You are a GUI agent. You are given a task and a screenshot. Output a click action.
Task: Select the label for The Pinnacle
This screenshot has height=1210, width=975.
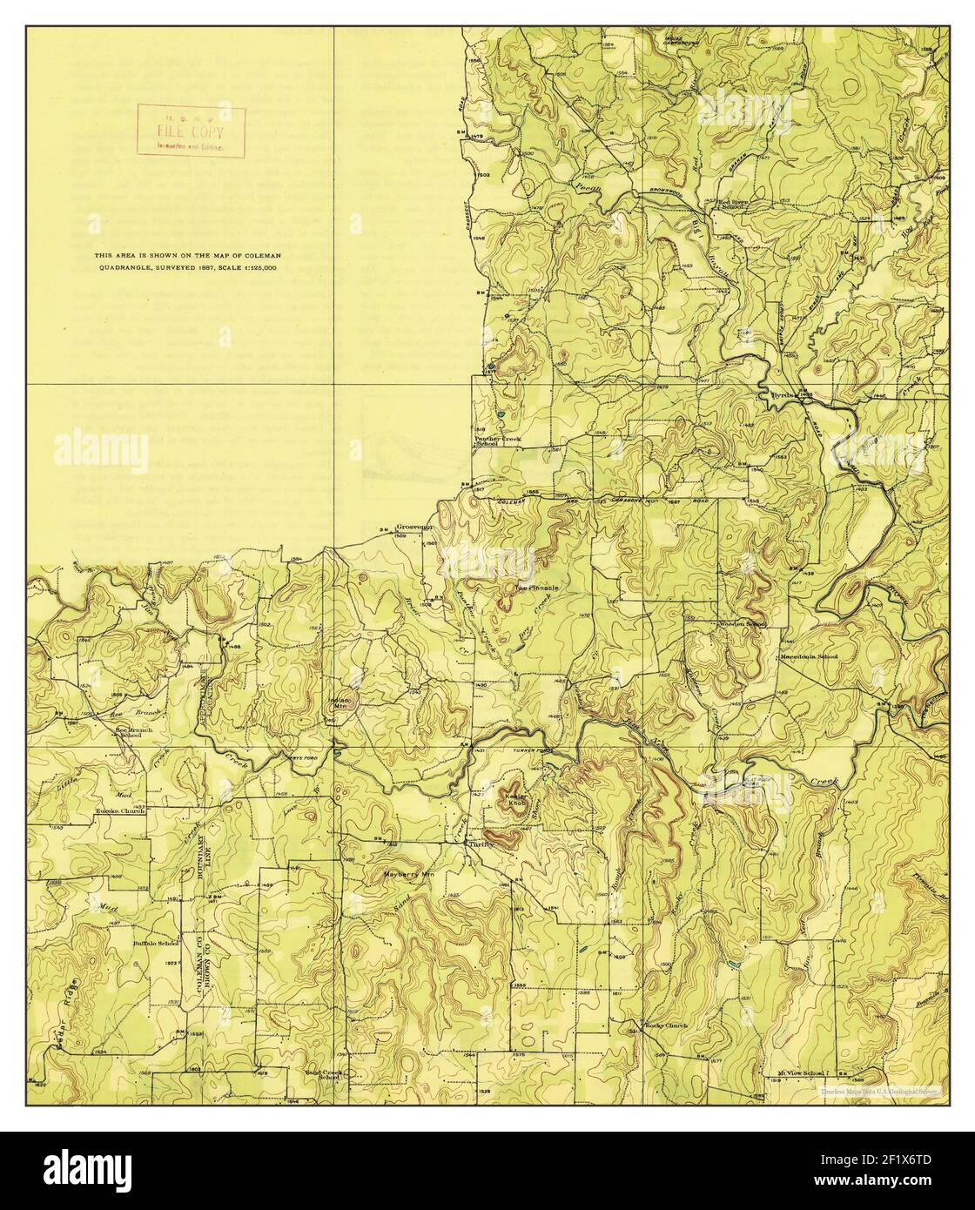pyautogui.click(x=535, y=588)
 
